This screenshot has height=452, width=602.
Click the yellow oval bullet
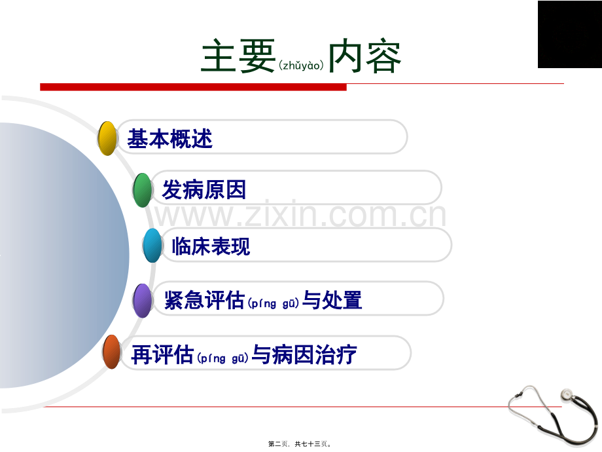tap(107, 138)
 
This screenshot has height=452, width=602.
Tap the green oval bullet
tap(143, 190)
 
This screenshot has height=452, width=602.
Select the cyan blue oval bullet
tap(152, 245)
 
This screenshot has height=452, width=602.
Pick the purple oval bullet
tap(143, 301)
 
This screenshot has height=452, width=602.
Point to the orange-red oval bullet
tap(112, 352)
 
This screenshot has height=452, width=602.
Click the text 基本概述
tap(169, 138)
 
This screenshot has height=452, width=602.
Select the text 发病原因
tap(204, 189)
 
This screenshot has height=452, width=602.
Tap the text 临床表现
tap(211, 246)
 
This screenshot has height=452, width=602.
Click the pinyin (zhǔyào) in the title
tap(302, 66)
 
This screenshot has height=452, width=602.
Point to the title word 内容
tap(364, 56)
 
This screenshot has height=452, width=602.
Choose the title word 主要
tap(238, 56)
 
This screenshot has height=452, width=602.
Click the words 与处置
tap(332, 300)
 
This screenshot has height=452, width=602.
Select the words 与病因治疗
tap(304, 354)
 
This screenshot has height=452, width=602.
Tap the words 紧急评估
tap(204, 300)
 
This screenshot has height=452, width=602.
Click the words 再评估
tap(162, 354)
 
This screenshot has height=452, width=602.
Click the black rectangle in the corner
tap(570, 34)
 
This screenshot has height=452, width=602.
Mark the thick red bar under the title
tap(193, 87)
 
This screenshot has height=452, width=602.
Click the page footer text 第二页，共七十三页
tap(300, 444)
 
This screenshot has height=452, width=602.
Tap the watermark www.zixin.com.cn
tap(300, 214)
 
